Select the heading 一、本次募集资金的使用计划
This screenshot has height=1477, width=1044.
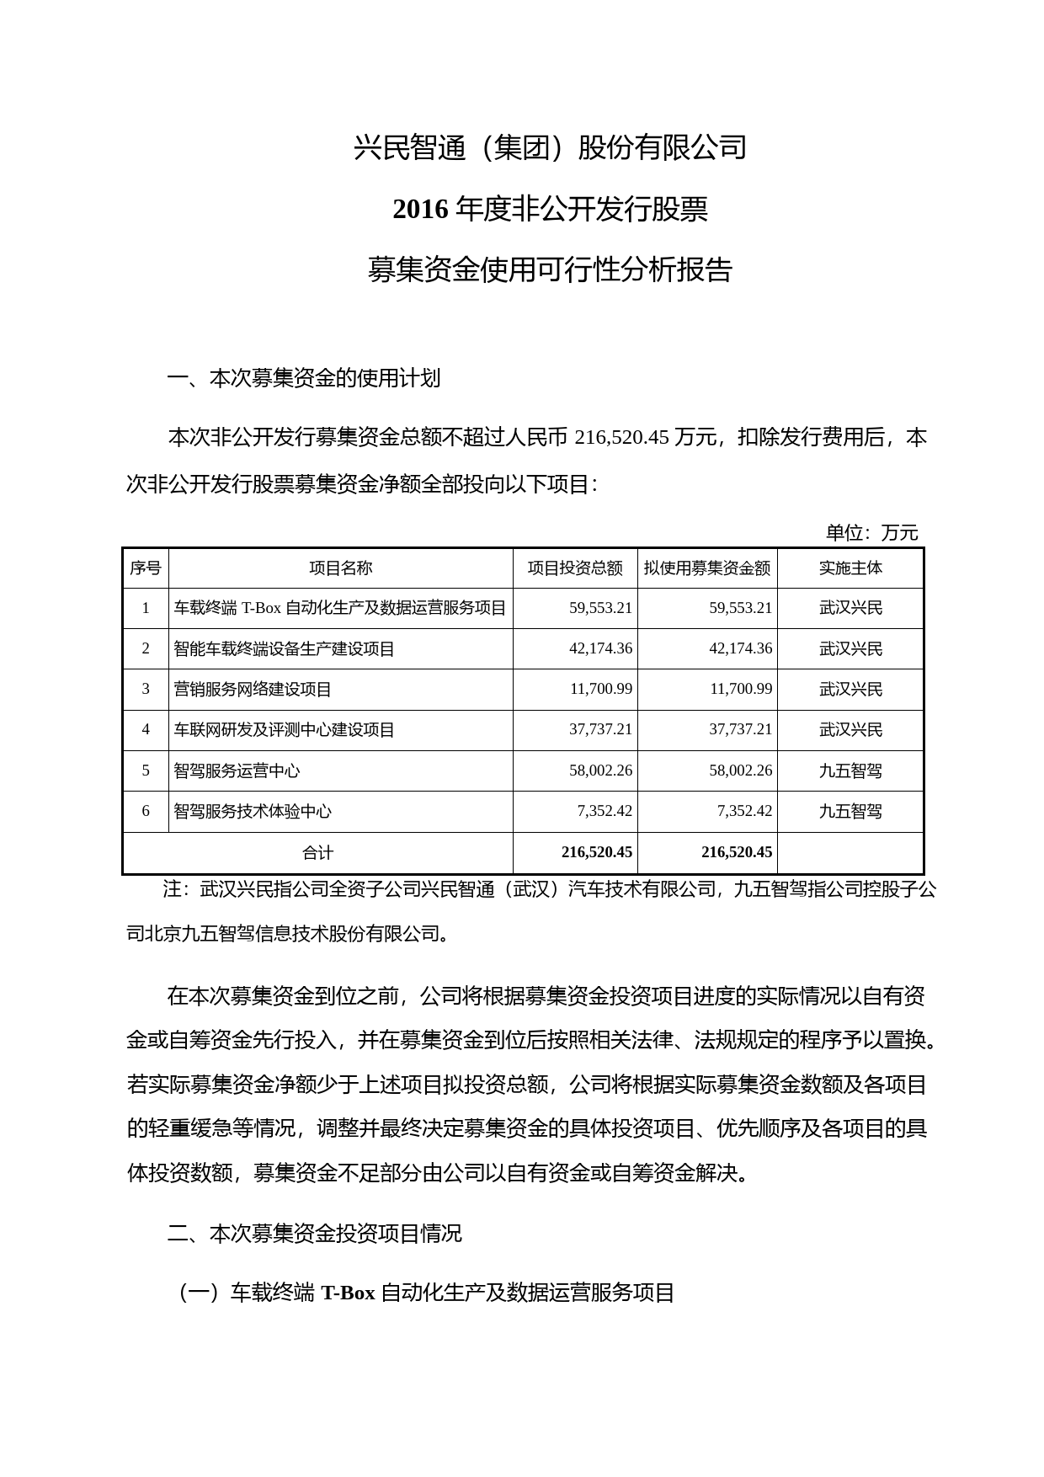(304, 378)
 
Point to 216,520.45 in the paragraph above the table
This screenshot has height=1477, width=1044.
(621, 438)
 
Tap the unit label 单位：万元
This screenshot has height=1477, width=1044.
(871, 532)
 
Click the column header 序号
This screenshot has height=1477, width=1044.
(146, 568)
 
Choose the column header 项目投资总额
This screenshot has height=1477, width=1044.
(575, 568)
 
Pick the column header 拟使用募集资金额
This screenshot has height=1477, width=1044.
(707, 568)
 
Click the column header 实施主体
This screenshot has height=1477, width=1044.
(850, 568)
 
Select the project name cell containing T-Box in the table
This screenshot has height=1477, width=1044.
(340, 608)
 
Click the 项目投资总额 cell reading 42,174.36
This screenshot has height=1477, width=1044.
(600, 648)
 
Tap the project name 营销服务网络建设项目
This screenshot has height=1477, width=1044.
(253, 690)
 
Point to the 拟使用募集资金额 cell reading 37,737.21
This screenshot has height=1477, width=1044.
(740, 729)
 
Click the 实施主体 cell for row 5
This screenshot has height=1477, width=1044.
(850, 770)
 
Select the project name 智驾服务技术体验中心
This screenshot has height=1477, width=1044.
(253, 812)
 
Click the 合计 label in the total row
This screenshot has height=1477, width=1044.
(317, 853)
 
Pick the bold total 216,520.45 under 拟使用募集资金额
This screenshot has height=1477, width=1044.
(736, 853)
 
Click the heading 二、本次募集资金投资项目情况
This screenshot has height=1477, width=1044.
(315, 1234)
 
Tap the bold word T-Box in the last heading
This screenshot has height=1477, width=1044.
(348, 1293)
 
